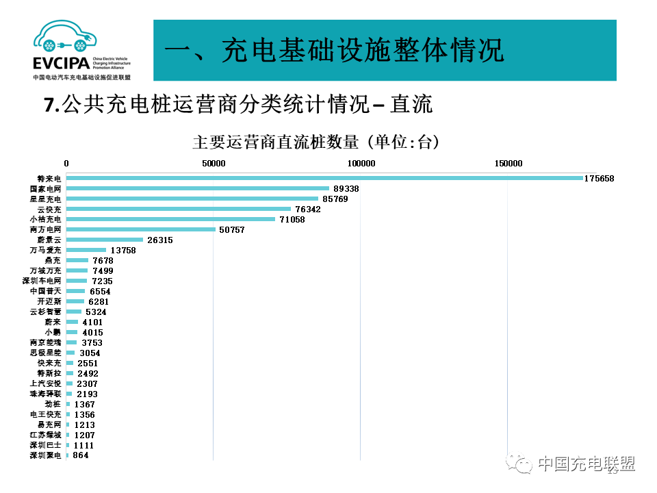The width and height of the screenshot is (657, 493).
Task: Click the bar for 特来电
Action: tap(324, 178)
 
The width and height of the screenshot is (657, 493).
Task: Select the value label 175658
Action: tap(600, 179)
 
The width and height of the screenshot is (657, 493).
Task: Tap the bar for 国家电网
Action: tap(198, 188)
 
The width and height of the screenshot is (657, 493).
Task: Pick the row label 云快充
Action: tap(49, 210)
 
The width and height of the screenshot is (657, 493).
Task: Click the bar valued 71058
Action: tap(170, 219)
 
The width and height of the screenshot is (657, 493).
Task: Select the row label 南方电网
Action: tap(46, 230)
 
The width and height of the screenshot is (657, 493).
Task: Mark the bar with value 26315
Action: tap(105, 240)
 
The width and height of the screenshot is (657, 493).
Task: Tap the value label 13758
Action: tap(124, 251)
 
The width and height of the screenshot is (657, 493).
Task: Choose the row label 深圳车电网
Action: tap(42, 281)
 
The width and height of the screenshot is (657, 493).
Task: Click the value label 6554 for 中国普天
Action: tap(100, 292)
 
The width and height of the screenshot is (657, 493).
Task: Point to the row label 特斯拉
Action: tap(49, 374)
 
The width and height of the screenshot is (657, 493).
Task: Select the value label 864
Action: tap(80, 455)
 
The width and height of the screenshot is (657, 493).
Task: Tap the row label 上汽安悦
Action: tap(46, 384)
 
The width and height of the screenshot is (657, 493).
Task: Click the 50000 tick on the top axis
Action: tap(214, 164)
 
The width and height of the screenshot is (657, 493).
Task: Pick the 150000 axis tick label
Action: tap(508, 164)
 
